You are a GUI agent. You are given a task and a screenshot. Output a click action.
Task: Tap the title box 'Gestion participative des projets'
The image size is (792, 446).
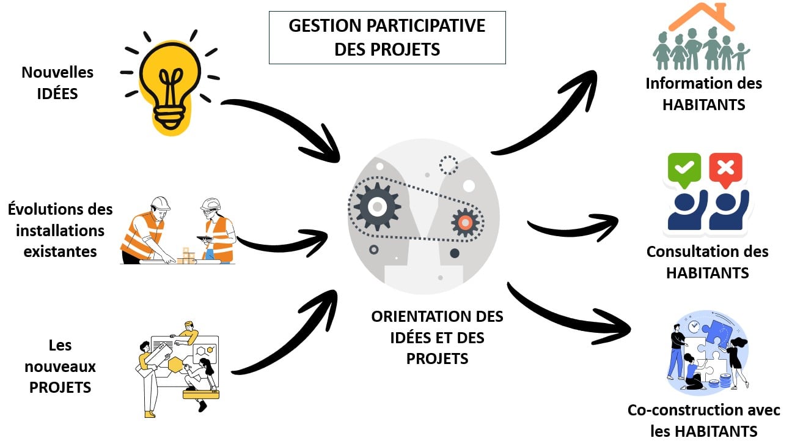(387, 37)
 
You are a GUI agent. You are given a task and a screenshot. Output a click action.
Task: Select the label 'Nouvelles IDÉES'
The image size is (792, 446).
(57, 83)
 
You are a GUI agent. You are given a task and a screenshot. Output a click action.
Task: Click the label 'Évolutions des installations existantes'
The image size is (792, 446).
(61, 230)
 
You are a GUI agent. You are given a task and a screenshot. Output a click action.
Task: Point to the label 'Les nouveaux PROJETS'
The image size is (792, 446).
(60, 366)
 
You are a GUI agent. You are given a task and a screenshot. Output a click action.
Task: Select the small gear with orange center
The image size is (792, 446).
(464, 223)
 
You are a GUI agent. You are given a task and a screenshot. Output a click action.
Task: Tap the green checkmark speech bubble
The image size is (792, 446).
(684, 168)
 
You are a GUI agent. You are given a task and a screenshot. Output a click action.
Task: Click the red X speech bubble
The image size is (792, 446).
(725, 168)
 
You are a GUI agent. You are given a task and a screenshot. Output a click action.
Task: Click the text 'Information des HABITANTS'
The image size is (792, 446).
(703, 94)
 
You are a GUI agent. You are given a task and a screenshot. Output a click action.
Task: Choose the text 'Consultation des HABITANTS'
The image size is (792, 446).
(707, 262)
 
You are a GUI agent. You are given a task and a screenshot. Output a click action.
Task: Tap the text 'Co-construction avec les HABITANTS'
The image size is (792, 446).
(703, 420)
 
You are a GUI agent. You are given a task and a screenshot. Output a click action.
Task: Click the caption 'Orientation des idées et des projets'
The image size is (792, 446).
(437, 337)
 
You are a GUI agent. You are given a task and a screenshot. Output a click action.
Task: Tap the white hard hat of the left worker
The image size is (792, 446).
(160, 203)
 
